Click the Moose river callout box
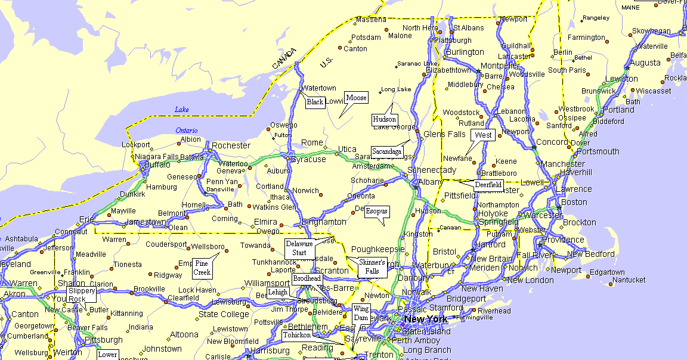[x=357, y=98]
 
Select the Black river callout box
[x=315, y=102]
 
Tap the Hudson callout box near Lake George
[x=384, y=119]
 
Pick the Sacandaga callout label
[x=386, y=151]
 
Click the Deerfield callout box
[x=488, y=185]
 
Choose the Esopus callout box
[x=376, y=212]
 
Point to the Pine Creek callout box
[x=202, y=268]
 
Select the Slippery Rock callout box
[x=81, y=295]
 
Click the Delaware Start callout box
[x=299, y=248]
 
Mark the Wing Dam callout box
[x=361, y=313]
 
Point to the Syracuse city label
[x=310, y=159]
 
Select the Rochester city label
[x=231, y=145]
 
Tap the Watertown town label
[x=319, y=88]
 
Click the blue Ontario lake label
[x=187, y=131]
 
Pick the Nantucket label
[x=629, y=280]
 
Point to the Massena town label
[x=371, y=20]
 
